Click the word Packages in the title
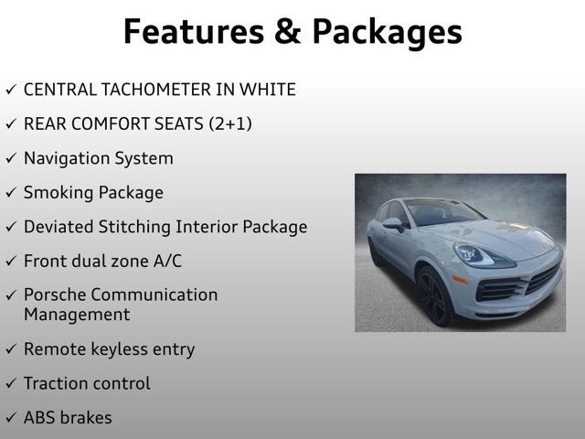click(x=387, y=32)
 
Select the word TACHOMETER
click(x=157, y=90)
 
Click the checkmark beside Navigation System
click(x=11, y=158)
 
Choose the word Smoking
click(x=57, y=193)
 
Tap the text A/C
click(x=165, y=262)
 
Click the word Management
click(x=77, y=315)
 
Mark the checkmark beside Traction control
click(x=11, y=384)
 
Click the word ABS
click(x=40, y=418)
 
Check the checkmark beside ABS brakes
click(x=11, y=418)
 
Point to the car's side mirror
click(x=393, y=223)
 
